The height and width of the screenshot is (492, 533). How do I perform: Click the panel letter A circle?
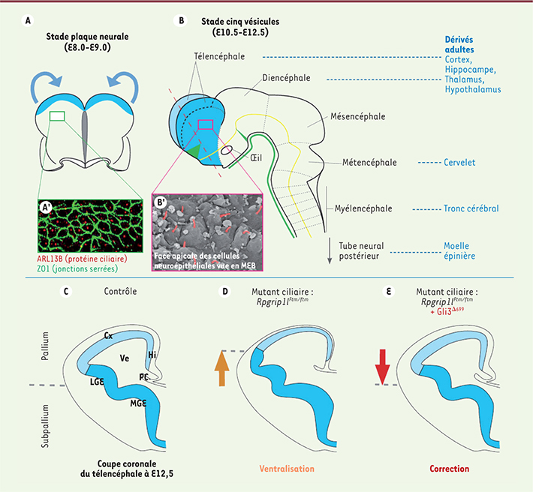pos(28,21)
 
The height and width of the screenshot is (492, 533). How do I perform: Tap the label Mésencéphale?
pos(358,116)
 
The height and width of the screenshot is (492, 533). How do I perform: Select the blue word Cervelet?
pos(459,162)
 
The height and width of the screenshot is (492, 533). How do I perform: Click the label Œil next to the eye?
pos(256,157)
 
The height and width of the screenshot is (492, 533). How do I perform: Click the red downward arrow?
pos(382,367)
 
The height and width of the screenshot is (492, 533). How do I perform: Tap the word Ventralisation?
pos(287,469)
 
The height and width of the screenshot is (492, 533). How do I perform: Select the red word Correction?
pos(449,469)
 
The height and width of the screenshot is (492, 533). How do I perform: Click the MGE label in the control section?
pos(138,403)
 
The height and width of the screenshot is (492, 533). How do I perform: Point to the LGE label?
pos(97,382)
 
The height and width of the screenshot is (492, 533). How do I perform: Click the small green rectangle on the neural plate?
pos(57,116)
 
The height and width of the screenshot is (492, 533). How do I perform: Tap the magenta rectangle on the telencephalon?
pos(206,124)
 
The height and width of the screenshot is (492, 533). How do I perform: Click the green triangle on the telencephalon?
pos(193,151)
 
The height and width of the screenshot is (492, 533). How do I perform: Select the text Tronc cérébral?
pos(471,208)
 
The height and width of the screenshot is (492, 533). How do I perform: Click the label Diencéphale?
pos(286,78)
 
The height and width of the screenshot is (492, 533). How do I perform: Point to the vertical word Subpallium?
pos(45,426)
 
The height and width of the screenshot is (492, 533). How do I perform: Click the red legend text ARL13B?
pos(50,259)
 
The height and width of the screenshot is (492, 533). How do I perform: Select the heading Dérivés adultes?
pos(459,44)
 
